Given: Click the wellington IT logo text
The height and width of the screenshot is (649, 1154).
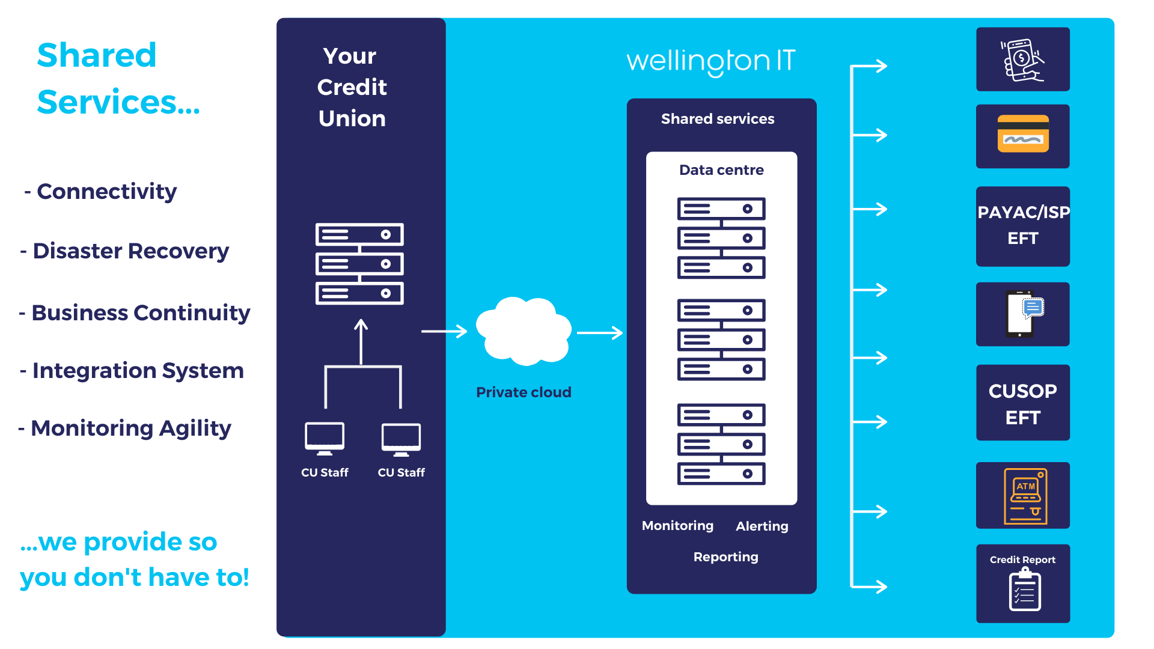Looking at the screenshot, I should [x=710, y=61].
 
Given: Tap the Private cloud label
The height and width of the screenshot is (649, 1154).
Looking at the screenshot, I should [x=524, y=392].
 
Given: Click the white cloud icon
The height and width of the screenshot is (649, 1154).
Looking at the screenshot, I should [x=523, y=331].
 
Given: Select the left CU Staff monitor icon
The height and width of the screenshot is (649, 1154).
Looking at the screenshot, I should [x=325, y=439].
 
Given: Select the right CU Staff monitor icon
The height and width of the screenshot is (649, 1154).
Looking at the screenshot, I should [x=401, y=439].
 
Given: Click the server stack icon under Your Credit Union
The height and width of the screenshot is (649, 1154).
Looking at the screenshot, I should [x=359, y=264].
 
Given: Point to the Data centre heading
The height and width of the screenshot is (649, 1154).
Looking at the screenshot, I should [x=721, y=170].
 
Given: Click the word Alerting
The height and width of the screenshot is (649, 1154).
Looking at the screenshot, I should [x=762, y=526].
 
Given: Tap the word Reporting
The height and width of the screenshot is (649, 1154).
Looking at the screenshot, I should [x=725, y=557].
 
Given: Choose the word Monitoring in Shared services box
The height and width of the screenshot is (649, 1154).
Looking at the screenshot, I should [x=677, y=526].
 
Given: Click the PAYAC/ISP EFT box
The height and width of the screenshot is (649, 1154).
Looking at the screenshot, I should [x=1022, y=226].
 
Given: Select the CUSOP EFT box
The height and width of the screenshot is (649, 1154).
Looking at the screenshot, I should [x=1022, y=403].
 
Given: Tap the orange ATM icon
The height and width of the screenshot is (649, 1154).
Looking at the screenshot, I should [x=1025, y=496].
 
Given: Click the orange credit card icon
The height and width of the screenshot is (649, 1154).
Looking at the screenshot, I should [x=1023, y=134].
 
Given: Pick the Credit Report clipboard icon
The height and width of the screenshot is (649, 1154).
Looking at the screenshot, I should [x=1024, y=590].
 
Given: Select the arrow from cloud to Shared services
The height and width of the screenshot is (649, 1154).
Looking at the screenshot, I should [x=599, y=332].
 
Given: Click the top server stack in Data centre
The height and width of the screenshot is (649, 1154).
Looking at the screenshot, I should [x=721, y=238].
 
